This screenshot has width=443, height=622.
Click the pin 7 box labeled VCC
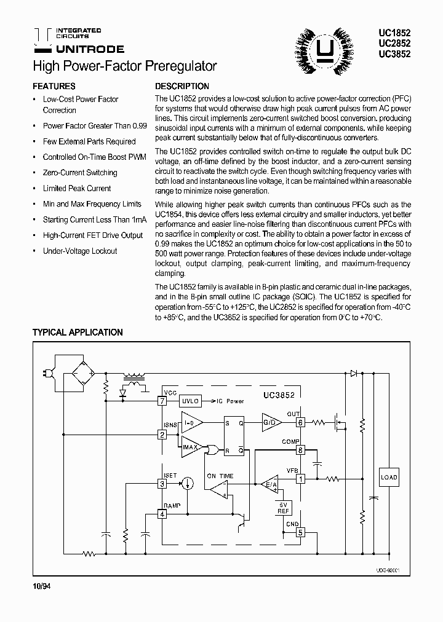coord(162,401)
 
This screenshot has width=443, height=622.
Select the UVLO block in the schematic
coord(190,401)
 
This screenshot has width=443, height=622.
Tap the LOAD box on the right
coord(389,478)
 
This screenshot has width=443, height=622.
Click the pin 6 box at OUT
coord(300,423)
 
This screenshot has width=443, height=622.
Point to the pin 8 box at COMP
coord(300,450)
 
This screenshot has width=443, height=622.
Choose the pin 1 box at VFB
coord(300,479)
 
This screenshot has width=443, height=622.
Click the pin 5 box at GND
coord(300,532)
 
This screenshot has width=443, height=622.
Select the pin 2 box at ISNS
coord(162,435)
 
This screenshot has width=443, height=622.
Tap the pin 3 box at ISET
coord(162,484)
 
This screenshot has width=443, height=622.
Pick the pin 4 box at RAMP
coord(162,514)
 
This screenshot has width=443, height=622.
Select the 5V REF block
coord(284,508)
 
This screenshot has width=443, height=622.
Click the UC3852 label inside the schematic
coord(279,396)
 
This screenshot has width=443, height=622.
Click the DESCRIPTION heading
coord(182,87)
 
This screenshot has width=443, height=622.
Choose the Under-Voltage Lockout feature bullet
coord(79,251)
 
